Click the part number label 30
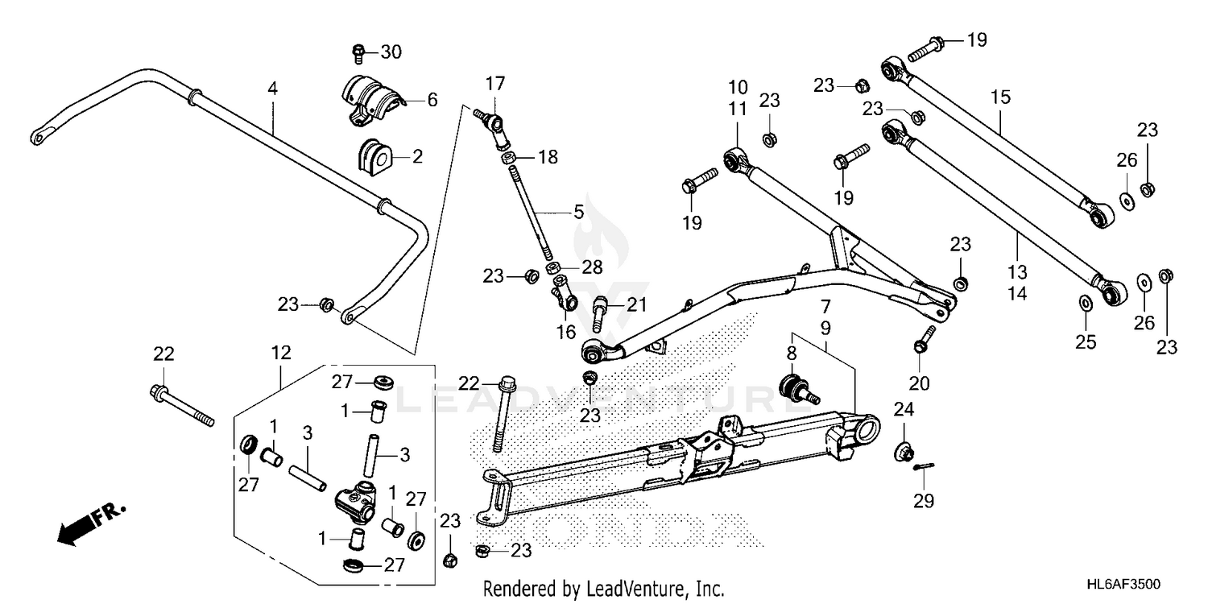point(391,53)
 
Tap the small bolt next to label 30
point(359,54)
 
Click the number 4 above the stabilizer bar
point(273,89)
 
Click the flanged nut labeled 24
point(904,452)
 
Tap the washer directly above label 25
point(1085,303)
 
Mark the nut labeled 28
point(553,267)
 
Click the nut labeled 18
point(511,158)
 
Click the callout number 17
point(494,82)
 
